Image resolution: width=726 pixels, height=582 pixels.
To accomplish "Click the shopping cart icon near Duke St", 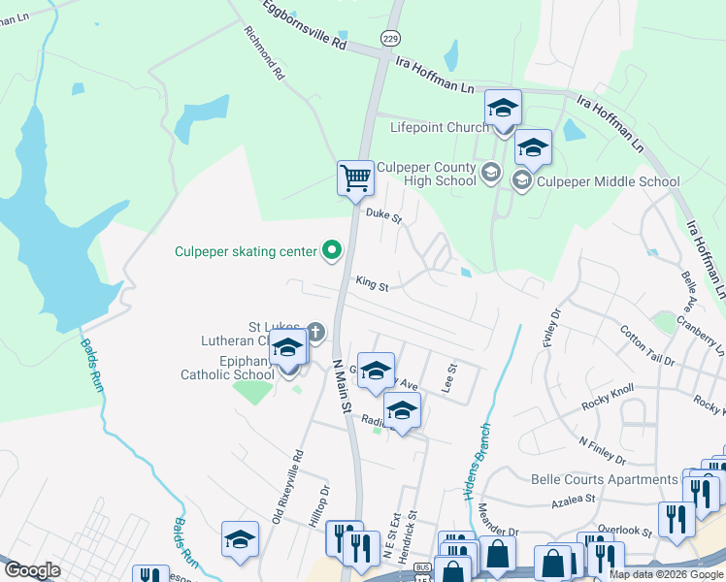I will [356, 178].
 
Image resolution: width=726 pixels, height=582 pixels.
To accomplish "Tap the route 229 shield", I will [390, 38].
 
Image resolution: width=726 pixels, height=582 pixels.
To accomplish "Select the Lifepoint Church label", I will [440, 127].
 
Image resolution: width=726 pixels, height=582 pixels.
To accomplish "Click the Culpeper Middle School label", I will [609, 180].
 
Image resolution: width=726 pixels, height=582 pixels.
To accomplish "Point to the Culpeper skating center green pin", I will [332, 251].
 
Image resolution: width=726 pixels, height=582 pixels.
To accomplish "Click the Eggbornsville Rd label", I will [305, 26].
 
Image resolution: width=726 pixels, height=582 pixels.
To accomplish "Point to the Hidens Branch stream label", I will [476, 460].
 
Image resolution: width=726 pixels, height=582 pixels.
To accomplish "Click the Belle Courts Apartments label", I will [604, 479].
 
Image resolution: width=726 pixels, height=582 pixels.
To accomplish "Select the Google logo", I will [32, 569].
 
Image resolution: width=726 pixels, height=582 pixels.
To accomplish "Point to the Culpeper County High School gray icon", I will [491, 173].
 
